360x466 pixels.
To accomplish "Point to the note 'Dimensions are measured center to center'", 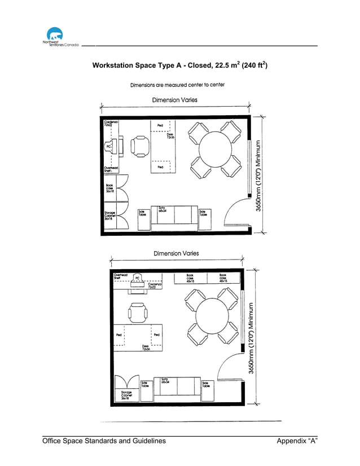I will (x=177, y=85).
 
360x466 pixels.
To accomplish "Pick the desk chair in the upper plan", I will (x=139, y=147).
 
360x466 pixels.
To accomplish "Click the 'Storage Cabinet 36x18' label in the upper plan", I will (x=110, y=215).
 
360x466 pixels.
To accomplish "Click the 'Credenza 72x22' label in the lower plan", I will (x=155, y=286).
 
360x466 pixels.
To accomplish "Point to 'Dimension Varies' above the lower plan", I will (x=176, y=253).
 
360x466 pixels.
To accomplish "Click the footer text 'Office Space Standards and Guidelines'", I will (x=104, y=441).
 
